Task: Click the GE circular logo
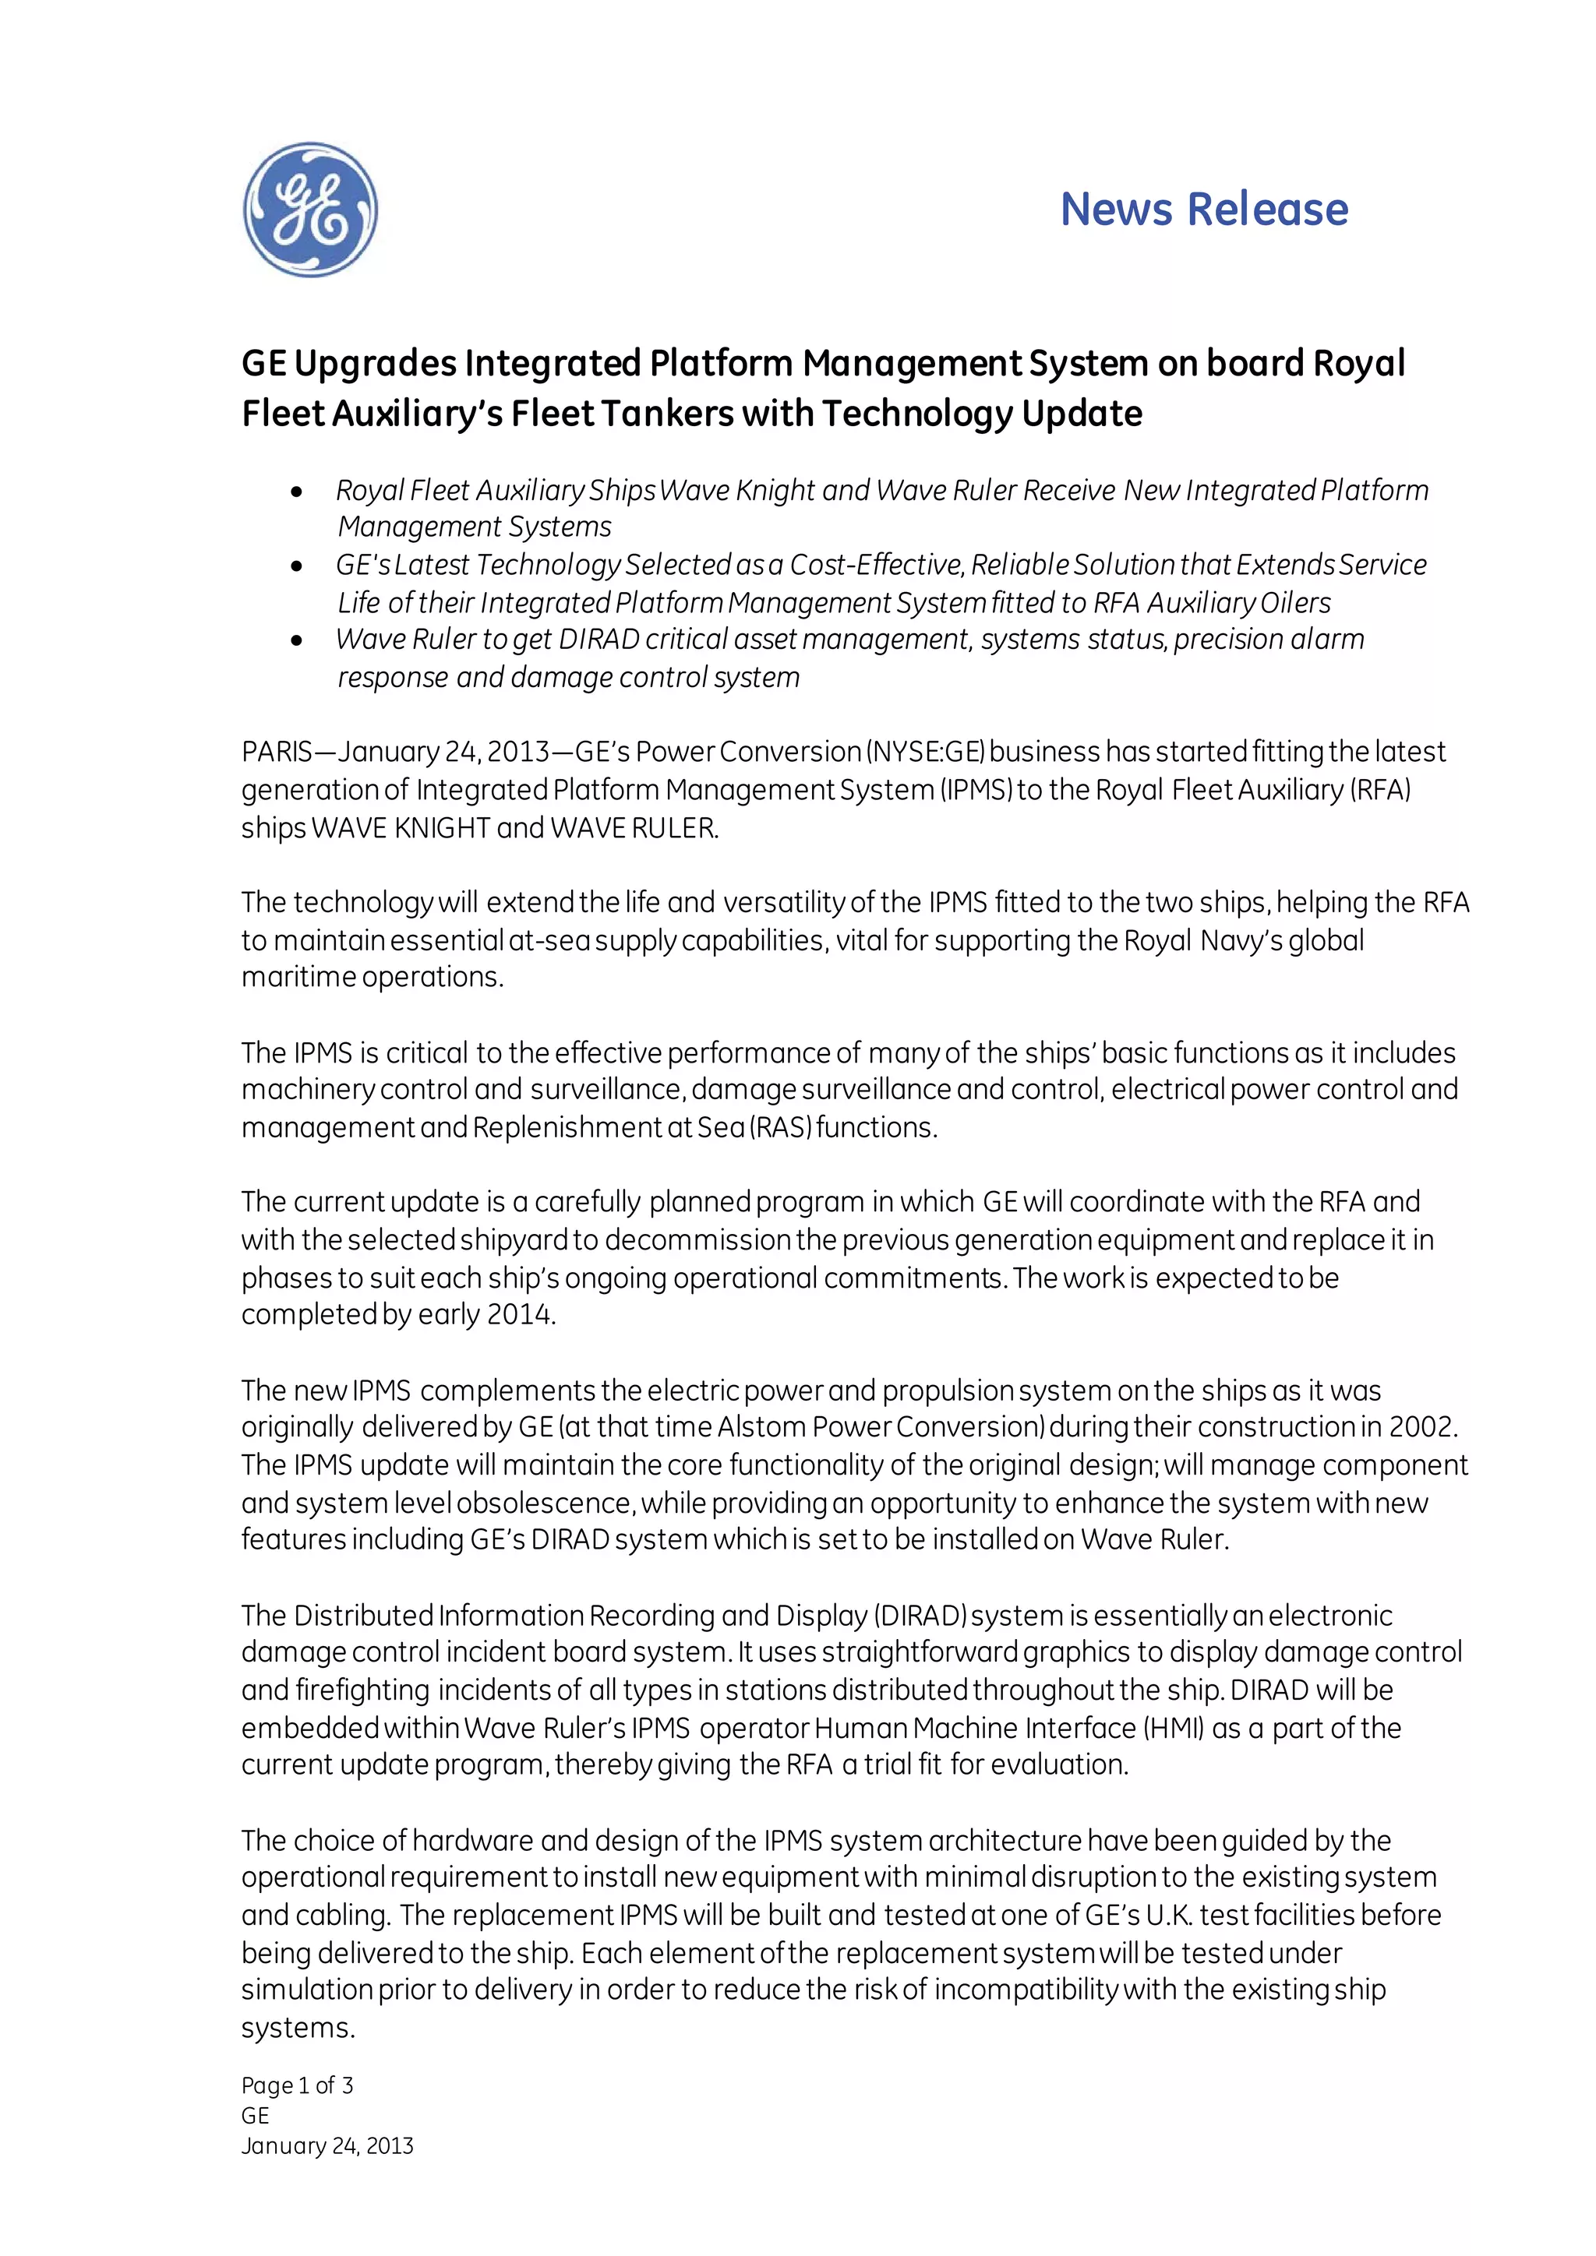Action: pyautogui.click(x=311, y=210)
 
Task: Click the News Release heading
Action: pyautogui.click(x=1204, y=210)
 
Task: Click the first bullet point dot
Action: pyautogui.click(x=298, y=492)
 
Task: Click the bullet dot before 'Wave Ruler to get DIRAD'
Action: pyautogui.click(x=298, y=640)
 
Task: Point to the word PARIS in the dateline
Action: pyautogui.click(x=276, y=753)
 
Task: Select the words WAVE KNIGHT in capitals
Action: pyautogui.click(x=400, y=828)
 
